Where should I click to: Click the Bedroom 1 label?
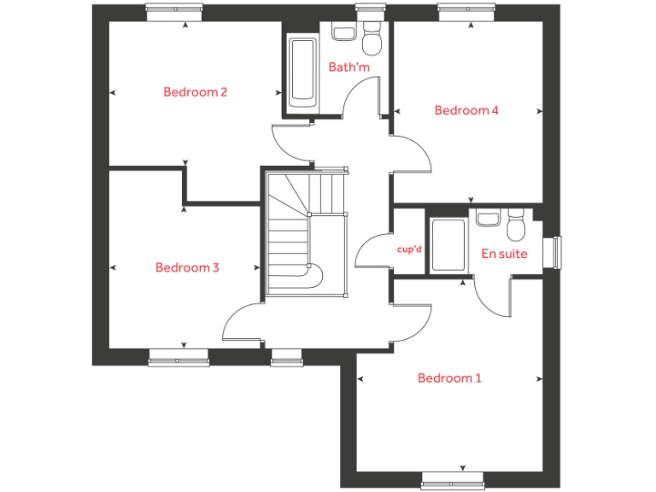449,378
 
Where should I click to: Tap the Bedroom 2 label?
195,92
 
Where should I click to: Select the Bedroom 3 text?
187,267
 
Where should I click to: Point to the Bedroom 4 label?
466,110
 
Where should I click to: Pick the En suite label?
504,254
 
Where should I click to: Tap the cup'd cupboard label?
410,249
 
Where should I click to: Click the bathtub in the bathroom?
302,73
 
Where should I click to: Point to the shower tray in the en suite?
448,246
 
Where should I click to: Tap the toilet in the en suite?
516,226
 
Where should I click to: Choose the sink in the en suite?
488,219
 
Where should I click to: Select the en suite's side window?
557,252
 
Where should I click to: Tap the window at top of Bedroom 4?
466,12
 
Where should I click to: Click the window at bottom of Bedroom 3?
179,358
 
